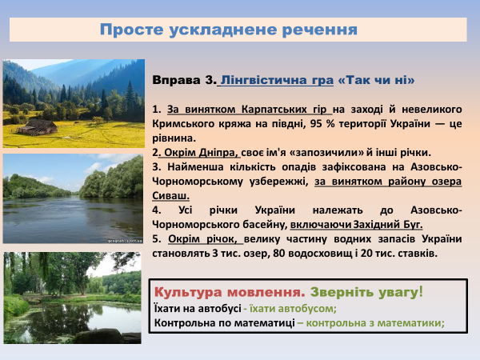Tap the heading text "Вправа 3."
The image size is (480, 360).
(183, 80)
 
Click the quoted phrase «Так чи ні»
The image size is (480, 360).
(376, 80)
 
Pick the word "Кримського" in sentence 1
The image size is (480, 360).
(181, 124)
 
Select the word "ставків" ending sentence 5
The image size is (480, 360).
(417, 253)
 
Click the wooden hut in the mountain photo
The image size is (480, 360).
(38, 126)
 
